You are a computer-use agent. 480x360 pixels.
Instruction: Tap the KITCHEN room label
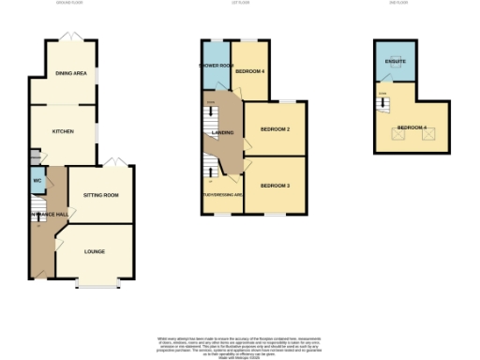coord(63,132)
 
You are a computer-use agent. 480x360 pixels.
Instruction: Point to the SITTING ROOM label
coord(101,195)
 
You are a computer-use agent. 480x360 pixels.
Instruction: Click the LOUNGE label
coord(95,251)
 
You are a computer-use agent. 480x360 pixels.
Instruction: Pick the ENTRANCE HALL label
coord(48,215)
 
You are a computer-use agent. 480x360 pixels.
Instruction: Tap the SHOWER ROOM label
coord(215,66)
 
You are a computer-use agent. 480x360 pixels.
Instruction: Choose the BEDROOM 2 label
coord(275,129)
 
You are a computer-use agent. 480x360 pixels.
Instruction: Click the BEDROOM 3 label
coord(275,186)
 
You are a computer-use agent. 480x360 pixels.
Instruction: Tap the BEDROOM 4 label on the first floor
coord(249,71)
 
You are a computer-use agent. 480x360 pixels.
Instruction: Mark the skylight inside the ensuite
coord(395,67)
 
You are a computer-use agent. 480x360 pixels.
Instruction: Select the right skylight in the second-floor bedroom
coord(430,136)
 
